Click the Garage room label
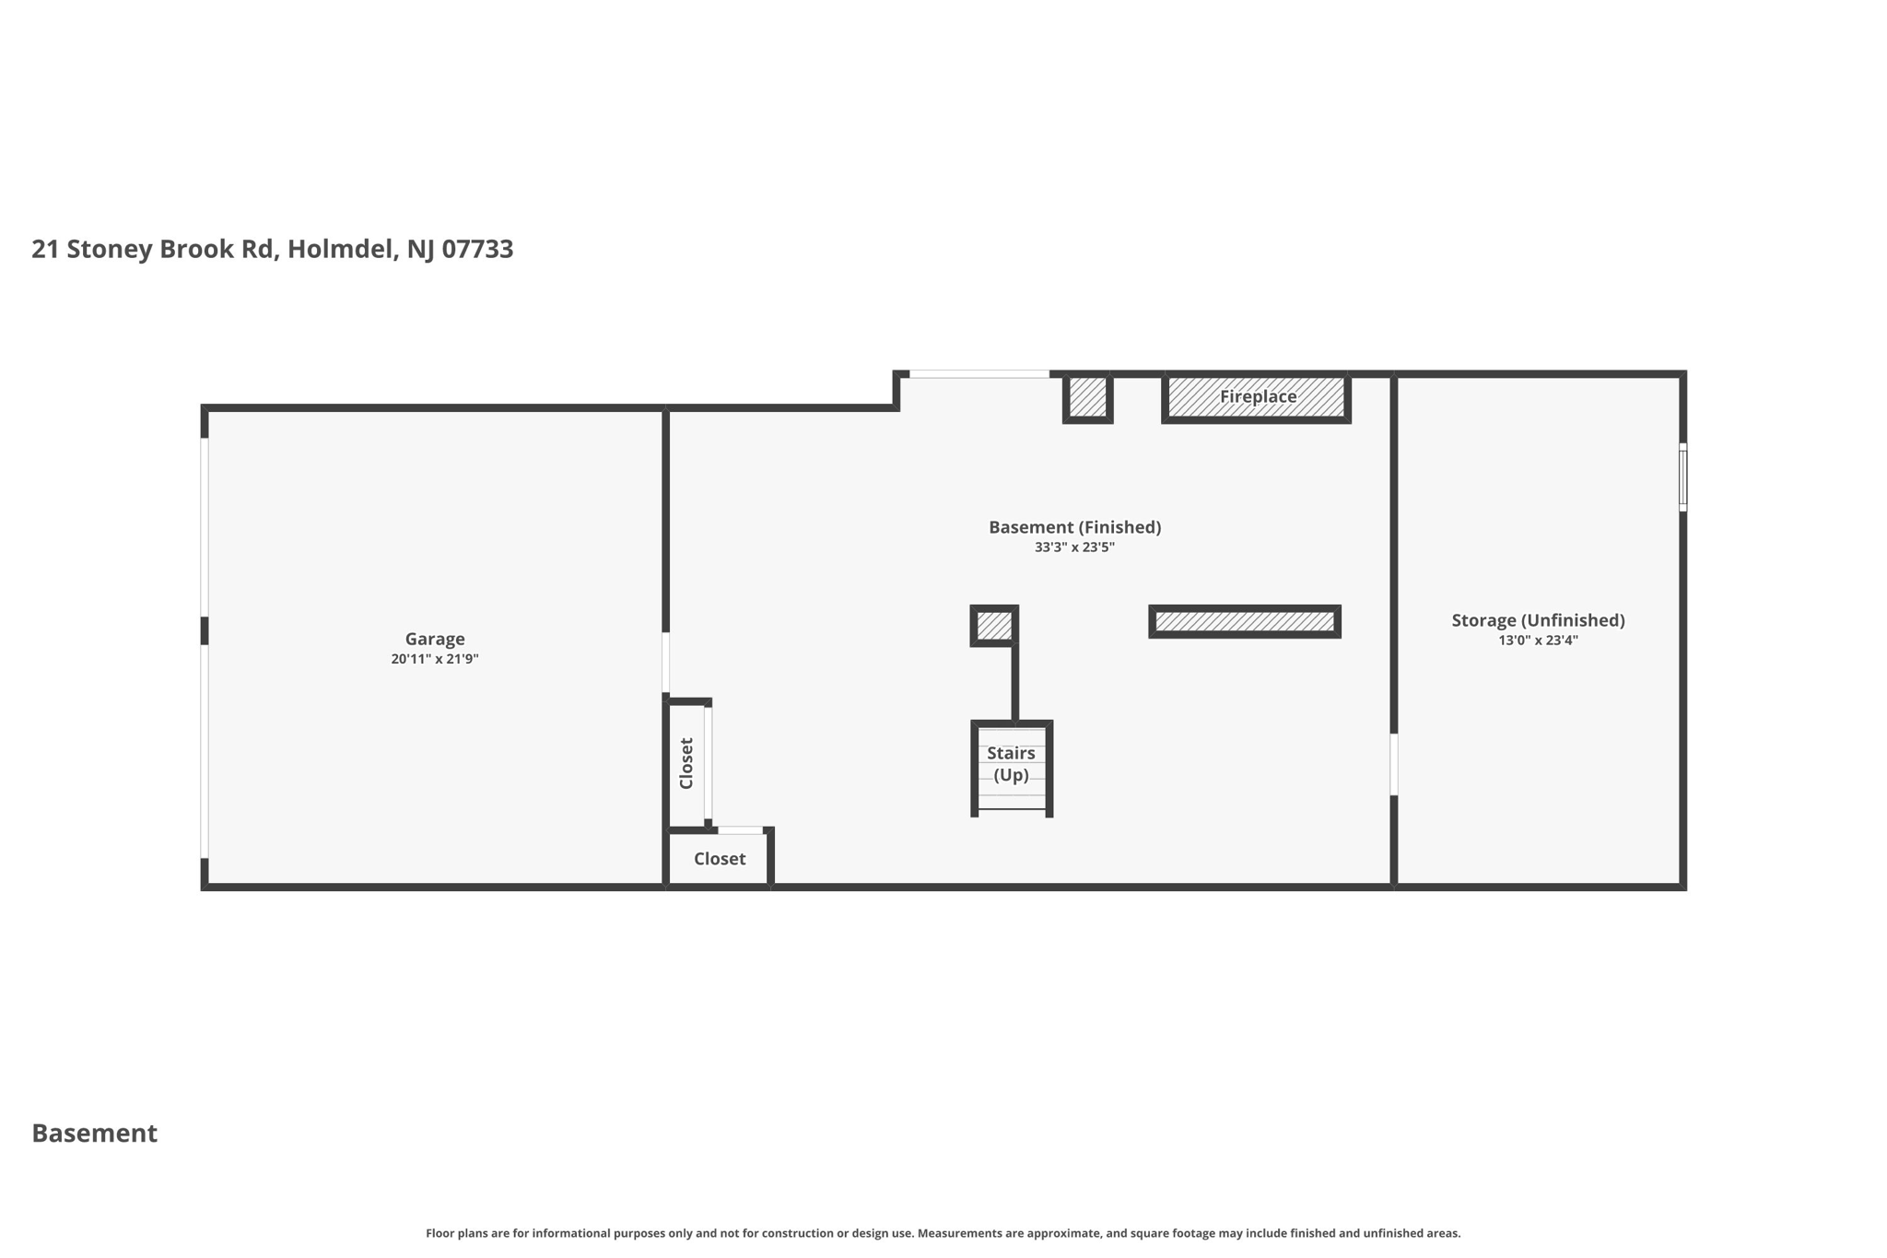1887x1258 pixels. pyautogui.click(x=434, y=639)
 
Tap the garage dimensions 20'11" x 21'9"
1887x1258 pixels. pyautogui.click(x=434, y=659)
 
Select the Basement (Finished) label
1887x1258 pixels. pyautogui.click(x=1074, y=527)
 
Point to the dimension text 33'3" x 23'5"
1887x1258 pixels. pyautogui.click(x=1074, y=547)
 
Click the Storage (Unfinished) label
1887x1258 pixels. pyautogui.click(x=1538, y=620)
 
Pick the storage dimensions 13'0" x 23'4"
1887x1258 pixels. pyautogui.click(x=1538, y=641)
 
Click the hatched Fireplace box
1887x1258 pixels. pyautogui.click(x=1257, y=397)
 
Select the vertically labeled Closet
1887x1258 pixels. pyautogui.click(x=686, y=764)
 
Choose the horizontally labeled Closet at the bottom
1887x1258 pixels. pyautogui.click(x=720, y=859)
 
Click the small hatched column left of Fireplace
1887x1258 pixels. pyautogui.click(x=1087, y=397)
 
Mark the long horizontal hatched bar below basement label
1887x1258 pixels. pyautogui.click(x=1244, y=622)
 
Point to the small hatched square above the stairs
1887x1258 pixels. pyautogui.click(x=993, y=626)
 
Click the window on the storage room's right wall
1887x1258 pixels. pyautogui.click(x=1682, y=477)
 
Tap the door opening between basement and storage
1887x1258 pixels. pyautogui.click(x=1393, y=764)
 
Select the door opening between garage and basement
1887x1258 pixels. pyautogui.click(x=665, y=662)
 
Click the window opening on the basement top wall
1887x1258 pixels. pyautogui.click(x=979, y=374)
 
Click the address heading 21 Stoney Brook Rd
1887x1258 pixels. pyautogui.click(x=272, y=249)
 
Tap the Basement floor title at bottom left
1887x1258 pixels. pyautogui.click(x=94, y=1134)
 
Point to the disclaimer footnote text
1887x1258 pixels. pyautogui.click(x=943, y=1233)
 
